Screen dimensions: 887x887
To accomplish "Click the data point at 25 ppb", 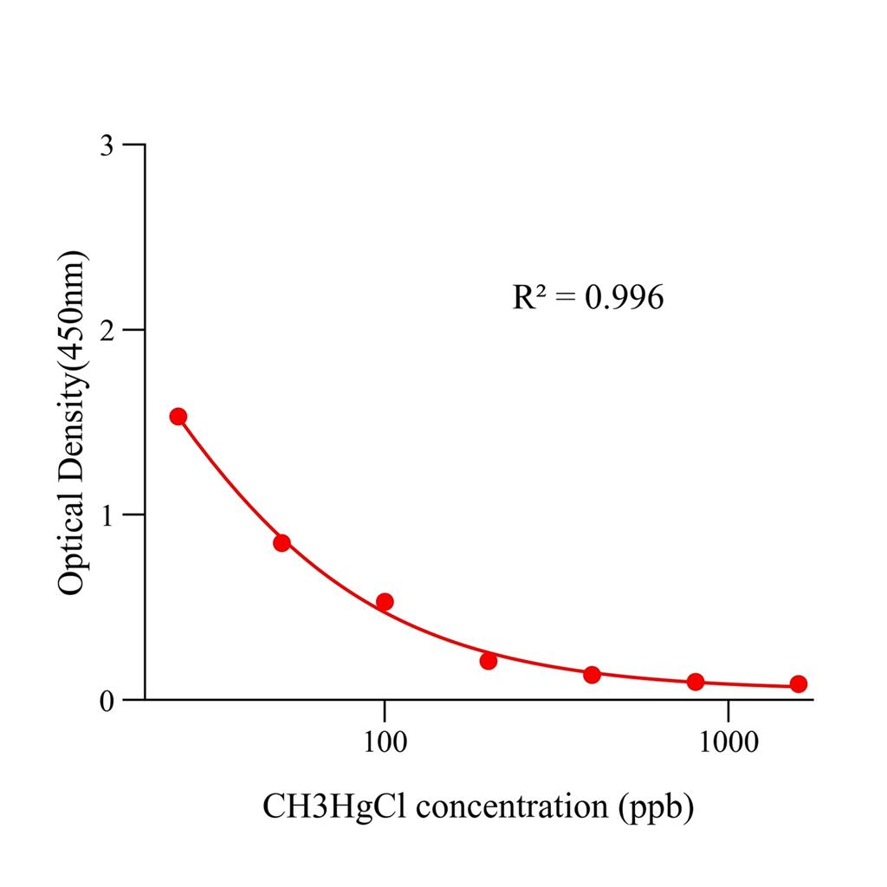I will [x=178, y=417].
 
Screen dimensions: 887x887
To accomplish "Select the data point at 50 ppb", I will [x=282, y=543].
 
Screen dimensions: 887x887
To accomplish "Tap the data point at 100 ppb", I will [x=385, y=602].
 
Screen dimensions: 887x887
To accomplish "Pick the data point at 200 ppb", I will [x=489, y=661].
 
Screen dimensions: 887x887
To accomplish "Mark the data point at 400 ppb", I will [x=592, y=675].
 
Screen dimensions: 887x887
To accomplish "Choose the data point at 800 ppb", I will [x=696, y=682].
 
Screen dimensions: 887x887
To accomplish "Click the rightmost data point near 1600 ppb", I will [x=799, y=684].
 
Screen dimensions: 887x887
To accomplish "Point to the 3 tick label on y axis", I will [x=107, y=146].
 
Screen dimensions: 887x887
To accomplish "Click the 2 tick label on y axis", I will [x=107, y=330].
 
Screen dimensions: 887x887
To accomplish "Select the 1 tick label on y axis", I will [x=107, y=515].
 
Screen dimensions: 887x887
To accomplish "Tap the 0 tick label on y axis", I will [x=107, y=700].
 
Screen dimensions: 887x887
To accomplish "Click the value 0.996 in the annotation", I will [x=624, y=298].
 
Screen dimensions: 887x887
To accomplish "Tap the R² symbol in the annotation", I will [x=528, y=297].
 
